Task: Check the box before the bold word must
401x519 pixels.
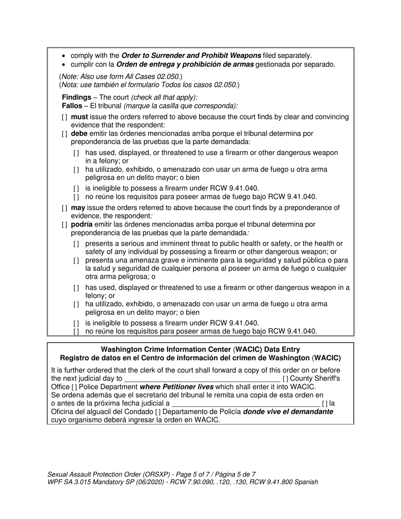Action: coord(64,117)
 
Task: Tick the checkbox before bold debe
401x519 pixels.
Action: coord(64,134)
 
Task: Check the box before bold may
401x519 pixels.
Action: coord(64,208)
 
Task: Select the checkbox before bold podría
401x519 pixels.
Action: coord(64,225)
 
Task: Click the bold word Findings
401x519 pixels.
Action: coord(76,97)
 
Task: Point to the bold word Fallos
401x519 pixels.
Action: coord(72,105)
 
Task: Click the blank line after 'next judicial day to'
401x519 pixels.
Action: coord(202,379)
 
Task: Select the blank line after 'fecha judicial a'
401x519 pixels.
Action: coord(245,404)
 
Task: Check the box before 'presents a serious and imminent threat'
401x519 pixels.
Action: coord(76,244)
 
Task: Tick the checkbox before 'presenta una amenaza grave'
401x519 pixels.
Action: coord(76,260)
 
